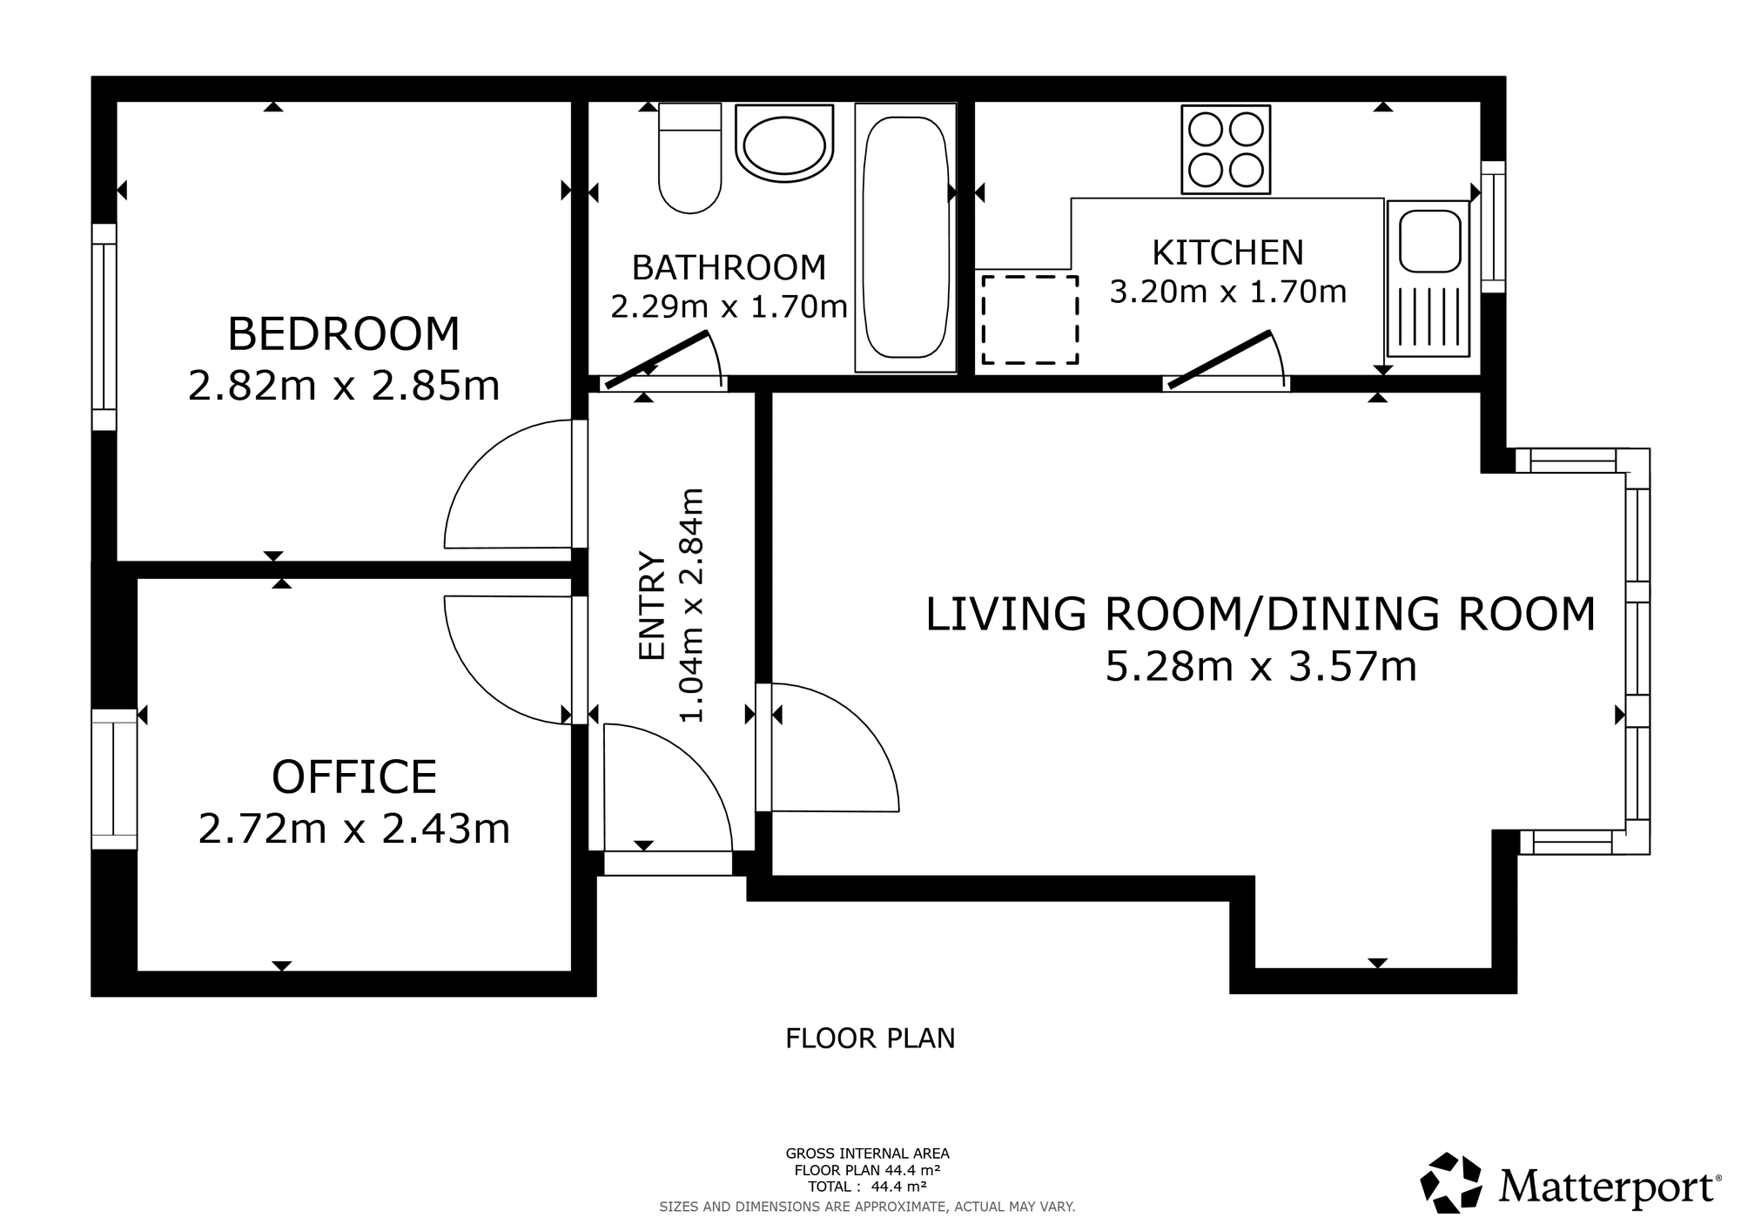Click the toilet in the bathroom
[689, 158]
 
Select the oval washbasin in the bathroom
[784, 144]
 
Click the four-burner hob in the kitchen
[1226, 149]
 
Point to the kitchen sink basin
[1429, 239]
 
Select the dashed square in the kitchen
[1031, 320]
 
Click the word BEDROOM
[344, 333]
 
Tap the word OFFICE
[354, 777]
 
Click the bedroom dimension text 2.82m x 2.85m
[344, 386]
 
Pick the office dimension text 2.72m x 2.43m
[354, 829]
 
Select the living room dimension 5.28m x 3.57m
[1261, 667]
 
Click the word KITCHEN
[1228, 252]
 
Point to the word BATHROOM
[729, 267]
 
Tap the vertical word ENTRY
[652, 605]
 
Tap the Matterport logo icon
[1451, 1182]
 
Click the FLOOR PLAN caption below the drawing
[870, 1039]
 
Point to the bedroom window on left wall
[104, 327]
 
